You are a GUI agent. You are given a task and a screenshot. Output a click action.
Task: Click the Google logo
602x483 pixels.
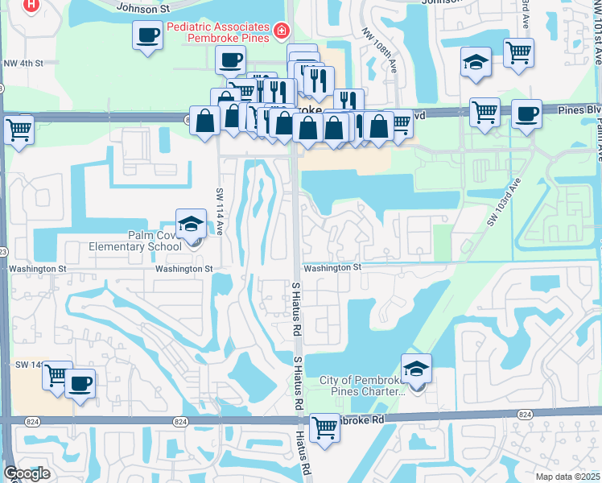click(27, 473)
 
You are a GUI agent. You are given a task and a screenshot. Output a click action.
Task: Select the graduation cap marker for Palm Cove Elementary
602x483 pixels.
click(190, 225)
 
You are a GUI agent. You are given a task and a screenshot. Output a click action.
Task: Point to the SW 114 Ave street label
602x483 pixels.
click(219, 212)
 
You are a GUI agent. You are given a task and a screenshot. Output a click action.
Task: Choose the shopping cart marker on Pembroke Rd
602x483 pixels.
click(324, 427)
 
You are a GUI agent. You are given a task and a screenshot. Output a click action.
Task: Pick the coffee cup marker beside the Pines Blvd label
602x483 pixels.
click(527, 113)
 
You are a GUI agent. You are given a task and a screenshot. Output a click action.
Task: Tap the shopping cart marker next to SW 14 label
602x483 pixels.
click(56, 376)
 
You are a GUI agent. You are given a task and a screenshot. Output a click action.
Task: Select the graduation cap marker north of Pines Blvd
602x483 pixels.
click(476, 61)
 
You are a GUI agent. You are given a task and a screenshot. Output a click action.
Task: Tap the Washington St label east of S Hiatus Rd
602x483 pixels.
click(329, 266)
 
